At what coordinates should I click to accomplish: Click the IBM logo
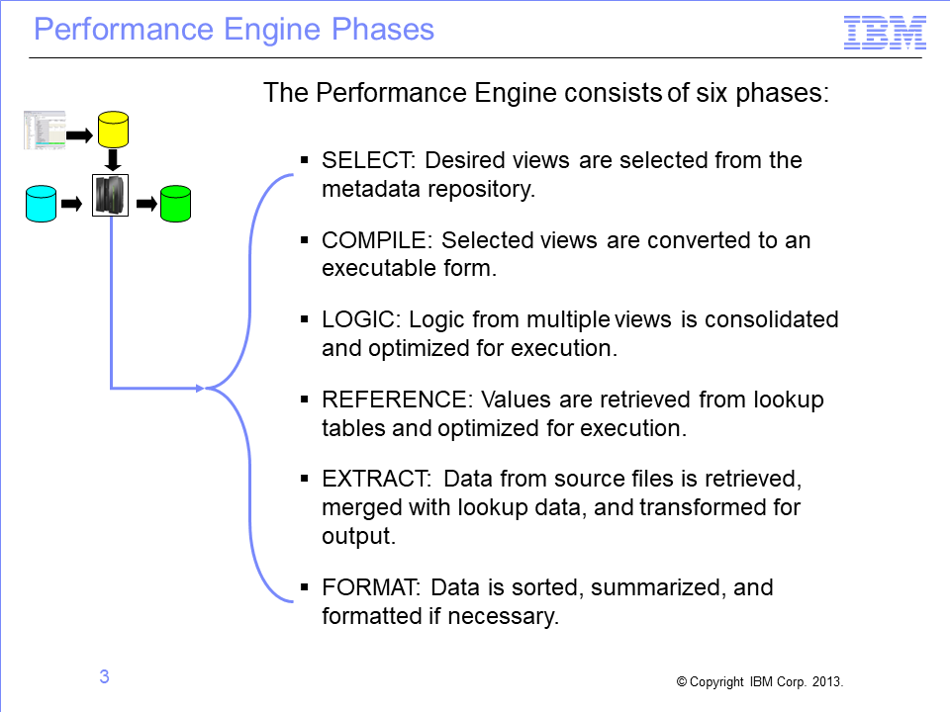coord(885,33)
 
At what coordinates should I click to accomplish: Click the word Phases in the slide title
coord(383,29)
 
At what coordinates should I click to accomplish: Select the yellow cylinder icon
coord(113,130)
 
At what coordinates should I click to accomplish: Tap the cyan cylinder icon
coord(42,204)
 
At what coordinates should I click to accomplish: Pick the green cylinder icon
coord(176,204)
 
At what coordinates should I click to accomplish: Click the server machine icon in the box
coord(110,195)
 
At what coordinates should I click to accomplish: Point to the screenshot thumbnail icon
coord(45,130)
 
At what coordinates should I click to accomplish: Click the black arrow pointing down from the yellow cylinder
coord(113,160)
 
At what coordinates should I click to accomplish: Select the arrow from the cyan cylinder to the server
coord(71,204)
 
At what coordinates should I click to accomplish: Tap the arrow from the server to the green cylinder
coord(146,204)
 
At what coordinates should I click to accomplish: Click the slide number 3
coord(104,676)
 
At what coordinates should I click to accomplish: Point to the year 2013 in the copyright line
coord(827,681)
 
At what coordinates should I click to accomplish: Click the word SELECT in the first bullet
coord(367,160)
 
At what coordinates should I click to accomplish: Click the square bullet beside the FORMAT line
coord(304,586)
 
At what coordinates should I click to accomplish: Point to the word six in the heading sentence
coord(712,93)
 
